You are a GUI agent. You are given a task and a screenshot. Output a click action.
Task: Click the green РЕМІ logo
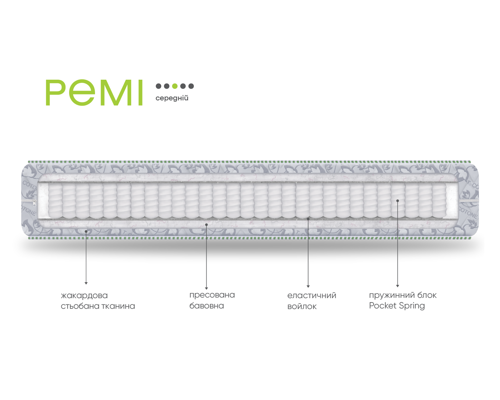(x=94, y=92)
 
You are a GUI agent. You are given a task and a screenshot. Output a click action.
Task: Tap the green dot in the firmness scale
(x=175, y=86)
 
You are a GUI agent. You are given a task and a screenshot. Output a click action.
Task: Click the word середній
(x=172, y=98)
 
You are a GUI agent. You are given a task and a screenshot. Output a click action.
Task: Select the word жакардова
(x=84, y=296)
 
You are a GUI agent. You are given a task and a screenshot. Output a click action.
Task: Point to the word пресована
(x=212, y=295)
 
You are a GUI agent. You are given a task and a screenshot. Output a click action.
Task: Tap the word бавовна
(x=207, y=306)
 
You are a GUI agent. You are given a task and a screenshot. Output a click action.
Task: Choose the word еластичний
(x=312, y=296)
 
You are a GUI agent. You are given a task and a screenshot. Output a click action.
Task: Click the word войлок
(x=302, y=307)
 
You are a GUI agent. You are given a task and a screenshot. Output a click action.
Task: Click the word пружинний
(x=392, y=295)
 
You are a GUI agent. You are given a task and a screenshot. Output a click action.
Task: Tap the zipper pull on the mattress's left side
(x=35, y=203)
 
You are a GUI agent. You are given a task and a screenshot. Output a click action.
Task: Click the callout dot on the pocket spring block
(x=397, y=201)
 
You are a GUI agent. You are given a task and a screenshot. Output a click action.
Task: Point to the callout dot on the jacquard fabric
(x=86, y=232)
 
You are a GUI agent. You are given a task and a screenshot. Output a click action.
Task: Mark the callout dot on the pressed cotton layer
(x=206, y=225)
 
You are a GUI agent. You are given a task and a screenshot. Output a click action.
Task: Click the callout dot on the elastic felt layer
(x=308, y=219)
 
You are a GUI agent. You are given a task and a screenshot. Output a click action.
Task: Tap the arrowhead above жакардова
(x=86, y=283)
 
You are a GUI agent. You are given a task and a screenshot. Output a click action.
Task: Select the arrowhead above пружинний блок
(x=397, y=286)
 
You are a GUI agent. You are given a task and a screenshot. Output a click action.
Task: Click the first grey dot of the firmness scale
(x=158, y=86)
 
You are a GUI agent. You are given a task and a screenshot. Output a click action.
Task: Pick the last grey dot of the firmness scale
(x=191, y=86)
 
